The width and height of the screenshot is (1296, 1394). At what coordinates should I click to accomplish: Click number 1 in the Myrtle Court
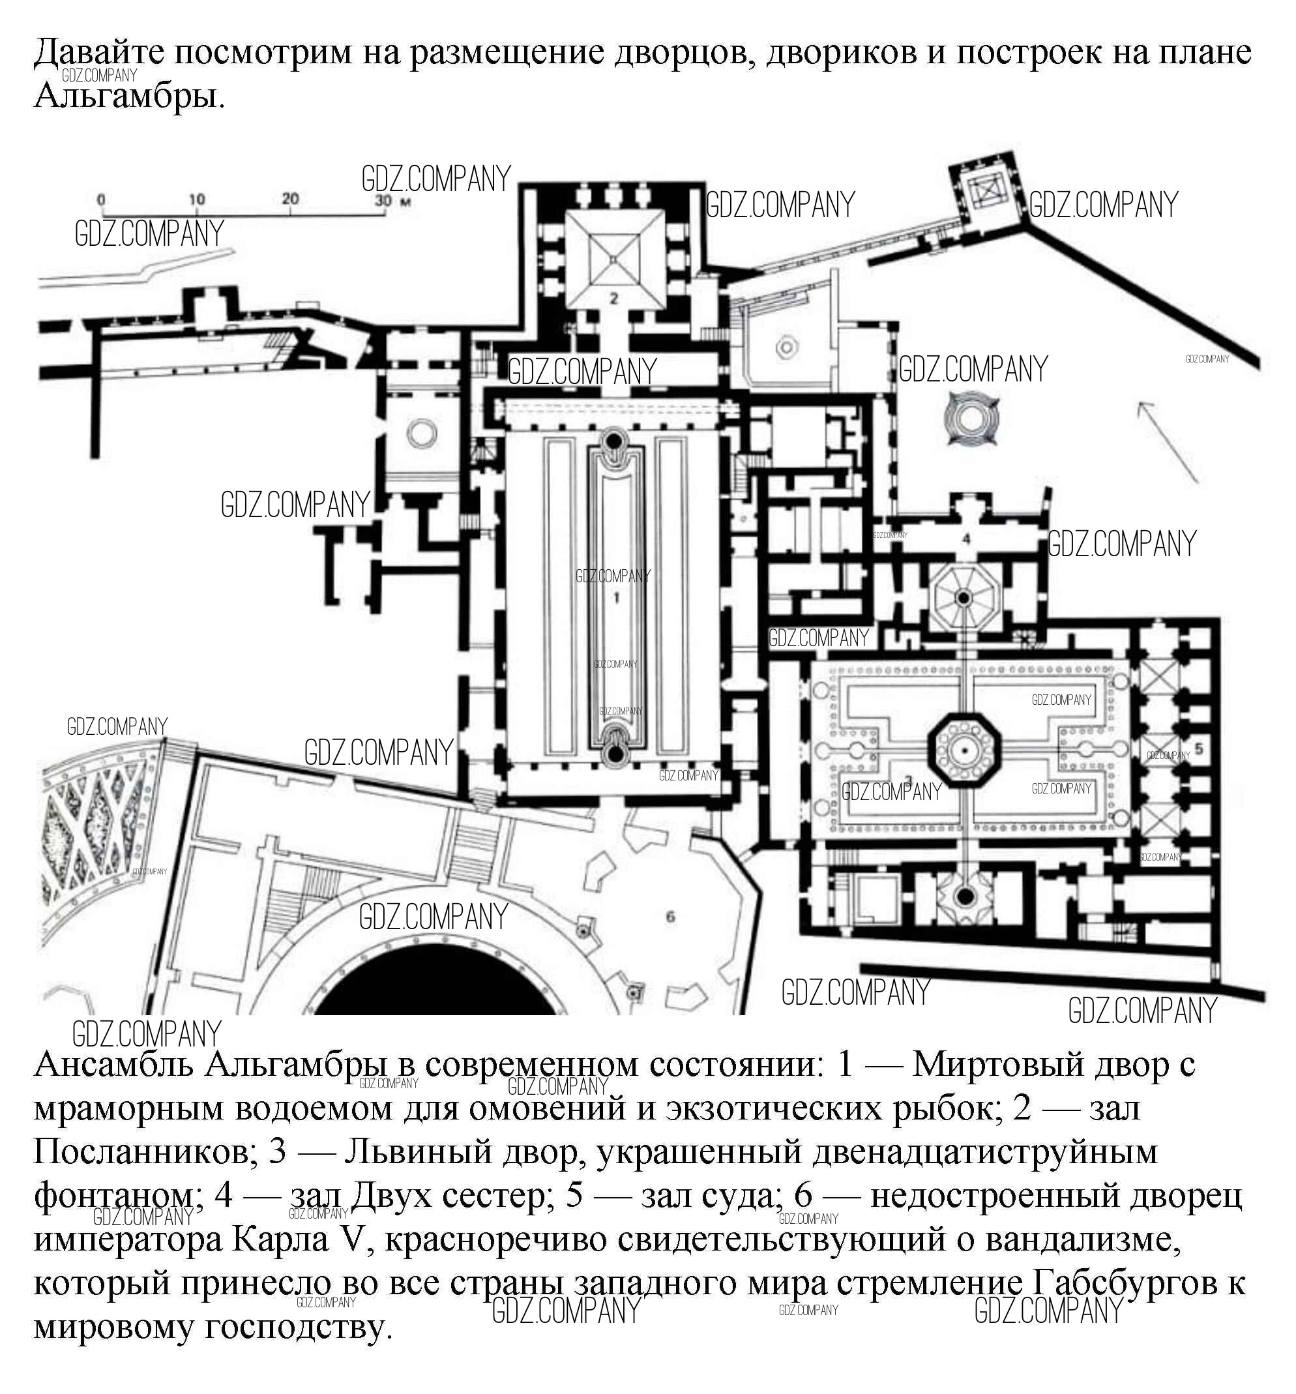pos(616,597)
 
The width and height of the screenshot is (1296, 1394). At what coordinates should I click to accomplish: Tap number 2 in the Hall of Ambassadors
pos(613,299)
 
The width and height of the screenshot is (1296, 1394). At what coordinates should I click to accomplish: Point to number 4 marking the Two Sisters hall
pos(966,539)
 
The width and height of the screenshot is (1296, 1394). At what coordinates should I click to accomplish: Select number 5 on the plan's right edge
pos(1199,749)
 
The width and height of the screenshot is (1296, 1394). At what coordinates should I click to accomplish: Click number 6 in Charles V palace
pos(670,917)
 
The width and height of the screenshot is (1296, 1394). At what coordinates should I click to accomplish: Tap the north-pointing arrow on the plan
pos(1166,442)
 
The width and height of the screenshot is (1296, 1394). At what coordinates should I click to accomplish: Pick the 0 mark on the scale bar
pos(101,200)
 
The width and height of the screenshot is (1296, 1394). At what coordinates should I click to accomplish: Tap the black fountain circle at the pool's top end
pos(614,439)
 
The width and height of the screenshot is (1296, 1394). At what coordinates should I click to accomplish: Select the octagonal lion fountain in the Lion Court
pos(964,751)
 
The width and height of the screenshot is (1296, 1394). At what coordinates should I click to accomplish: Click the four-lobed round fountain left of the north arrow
pos(971,419)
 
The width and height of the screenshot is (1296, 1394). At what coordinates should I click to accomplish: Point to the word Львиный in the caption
pos(418,1151)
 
